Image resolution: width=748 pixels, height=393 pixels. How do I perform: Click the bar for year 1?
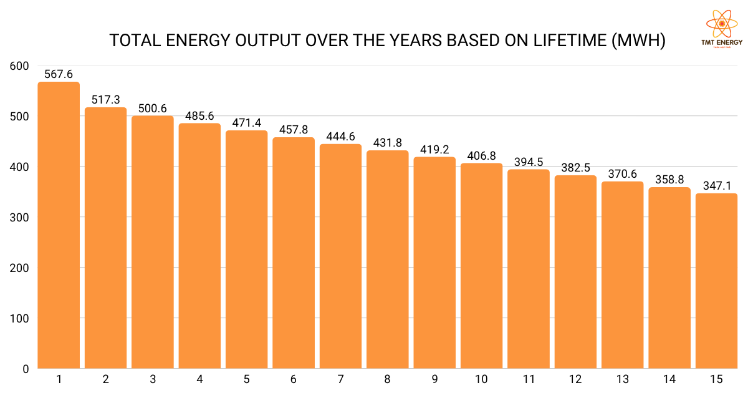[x=59, y=225]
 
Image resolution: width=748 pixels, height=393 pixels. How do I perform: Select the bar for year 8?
[x=387, y=259]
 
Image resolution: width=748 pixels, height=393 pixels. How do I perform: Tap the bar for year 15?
[x=716, y=281]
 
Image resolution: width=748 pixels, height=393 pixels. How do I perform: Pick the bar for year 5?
[x=246, y=250]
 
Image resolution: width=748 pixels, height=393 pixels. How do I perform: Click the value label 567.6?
[x=59, y=74]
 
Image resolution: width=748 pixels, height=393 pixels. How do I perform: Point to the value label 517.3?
[x=106, y=99]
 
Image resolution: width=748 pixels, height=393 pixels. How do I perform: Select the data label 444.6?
[x=340, y=136]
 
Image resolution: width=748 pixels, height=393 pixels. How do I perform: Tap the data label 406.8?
[x=481, y=155]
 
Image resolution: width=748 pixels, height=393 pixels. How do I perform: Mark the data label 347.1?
[x=716, y=185]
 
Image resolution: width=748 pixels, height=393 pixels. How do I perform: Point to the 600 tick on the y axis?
[x=20, y=66]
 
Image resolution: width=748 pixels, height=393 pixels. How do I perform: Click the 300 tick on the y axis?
[x=20, y=218]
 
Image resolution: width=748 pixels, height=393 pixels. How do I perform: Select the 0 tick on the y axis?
[x=26, y=369]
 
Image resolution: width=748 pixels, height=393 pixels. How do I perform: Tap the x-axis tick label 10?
[x=481, y=379]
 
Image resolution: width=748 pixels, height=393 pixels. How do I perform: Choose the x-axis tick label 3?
[x=153, y=379]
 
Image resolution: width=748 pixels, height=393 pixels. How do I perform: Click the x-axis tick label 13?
[x=622, y=379]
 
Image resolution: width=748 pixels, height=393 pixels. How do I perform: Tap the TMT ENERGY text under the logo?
[x=722, y=42]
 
